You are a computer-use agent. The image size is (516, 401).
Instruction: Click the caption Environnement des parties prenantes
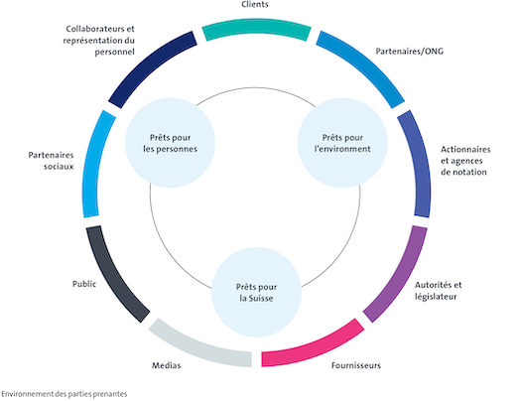64,393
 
